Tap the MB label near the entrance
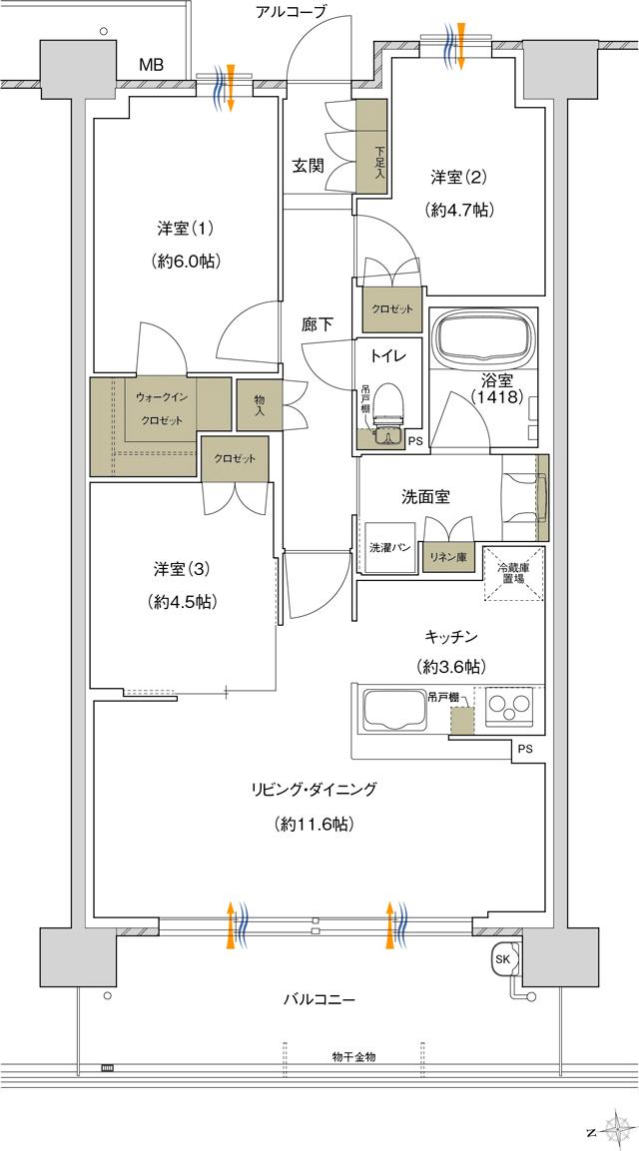tap(151, 65)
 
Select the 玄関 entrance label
tap(307, 167)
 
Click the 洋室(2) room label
tap(458, 178)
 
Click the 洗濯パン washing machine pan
tap(386, 547)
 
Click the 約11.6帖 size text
tap(313, 824)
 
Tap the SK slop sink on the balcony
tap(501, 958)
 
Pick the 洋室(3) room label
tap(181, 569)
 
